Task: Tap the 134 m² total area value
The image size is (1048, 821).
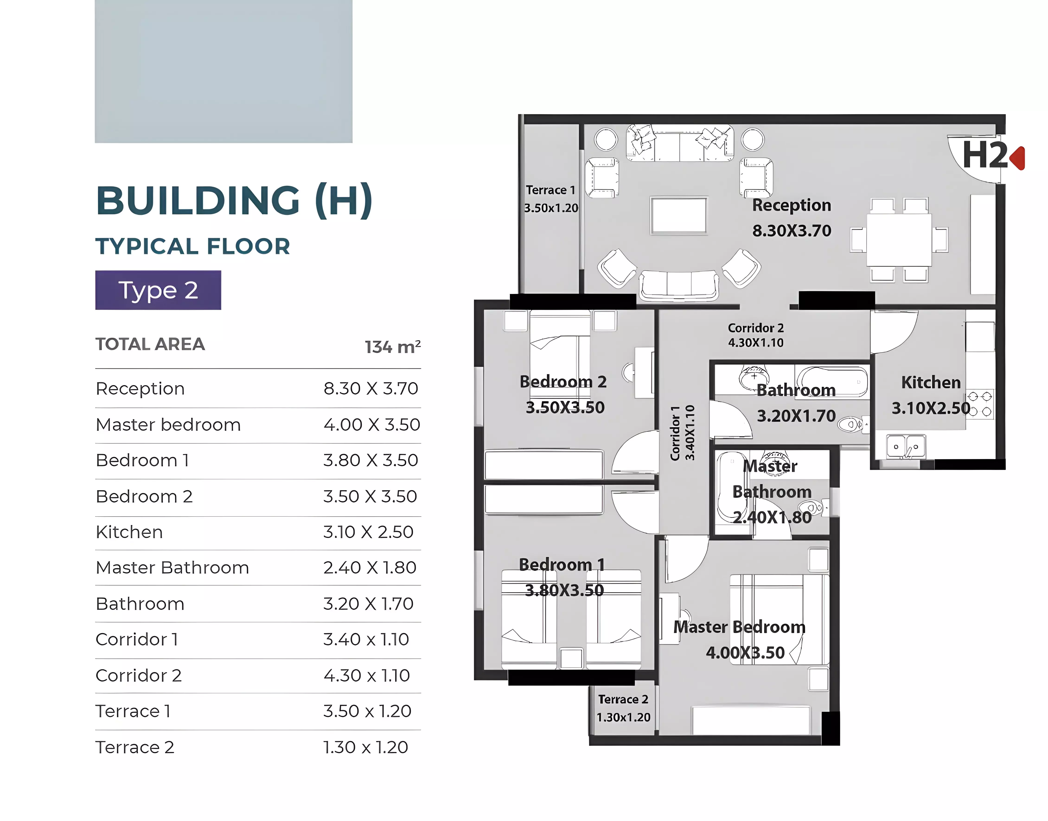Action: click(x=393, y=347)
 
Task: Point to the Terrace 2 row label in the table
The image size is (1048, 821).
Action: click(x=135, y=748)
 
